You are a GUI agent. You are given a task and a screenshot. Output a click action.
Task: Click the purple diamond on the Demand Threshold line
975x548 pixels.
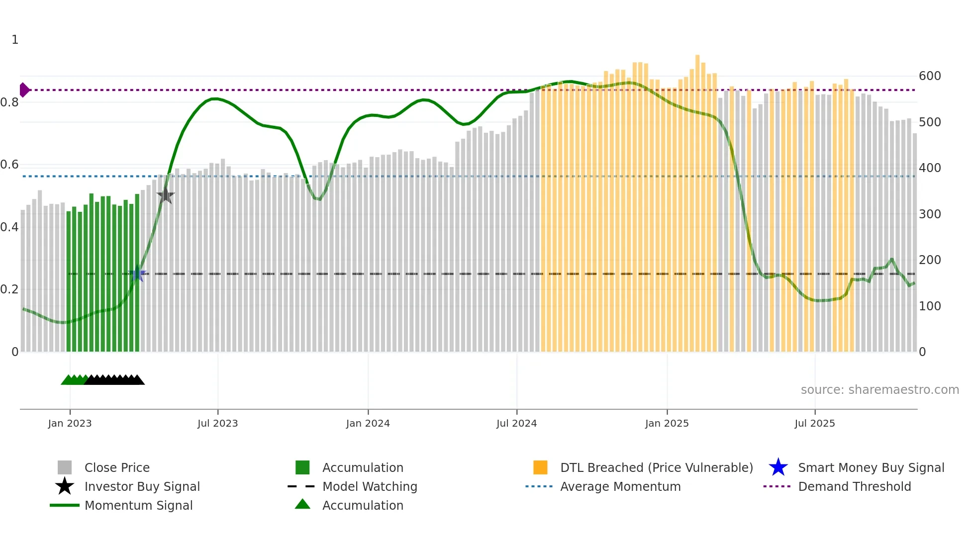pos(24,90)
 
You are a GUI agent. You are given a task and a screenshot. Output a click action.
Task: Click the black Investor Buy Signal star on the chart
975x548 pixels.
pos(165,195)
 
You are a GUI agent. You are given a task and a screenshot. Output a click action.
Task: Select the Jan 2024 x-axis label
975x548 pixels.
pos(368,423)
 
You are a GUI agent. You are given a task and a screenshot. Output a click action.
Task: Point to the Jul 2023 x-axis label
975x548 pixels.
pos(217,423)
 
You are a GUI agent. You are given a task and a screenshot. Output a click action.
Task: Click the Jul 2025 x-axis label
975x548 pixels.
pos(814,423)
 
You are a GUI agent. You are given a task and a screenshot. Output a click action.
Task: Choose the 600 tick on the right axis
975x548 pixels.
pos(929,76)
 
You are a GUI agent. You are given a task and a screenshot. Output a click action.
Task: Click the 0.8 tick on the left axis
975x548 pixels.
pos(9,102)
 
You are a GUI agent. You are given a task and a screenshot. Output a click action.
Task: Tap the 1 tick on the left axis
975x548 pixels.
pos(15,40)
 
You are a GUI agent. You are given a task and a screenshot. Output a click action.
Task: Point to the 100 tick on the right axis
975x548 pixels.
pos(929,306)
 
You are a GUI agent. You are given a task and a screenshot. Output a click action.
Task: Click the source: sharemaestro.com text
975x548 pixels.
pos(879,390)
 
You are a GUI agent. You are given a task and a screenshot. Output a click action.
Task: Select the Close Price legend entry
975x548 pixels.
pos(117,467)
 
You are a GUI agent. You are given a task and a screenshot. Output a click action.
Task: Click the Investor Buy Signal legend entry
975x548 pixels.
pos(142,486)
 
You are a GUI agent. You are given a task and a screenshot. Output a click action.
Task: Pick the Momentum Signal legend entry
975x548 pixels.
pos(138,505)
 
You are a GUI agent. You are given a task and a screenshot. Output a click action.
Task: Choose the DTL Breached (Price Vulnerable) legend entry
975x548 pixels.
pos(656,467)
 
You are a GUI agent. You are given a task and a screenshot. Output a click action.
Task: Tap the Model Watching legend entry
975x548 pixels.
pos(370,486)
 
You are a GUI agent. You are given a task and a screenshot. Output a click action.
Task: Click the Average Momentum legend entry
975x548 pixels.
pos(620,486)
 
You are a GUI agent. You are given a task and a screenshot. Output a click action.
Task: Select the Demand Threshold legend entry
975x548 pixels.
pos(854,486)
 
